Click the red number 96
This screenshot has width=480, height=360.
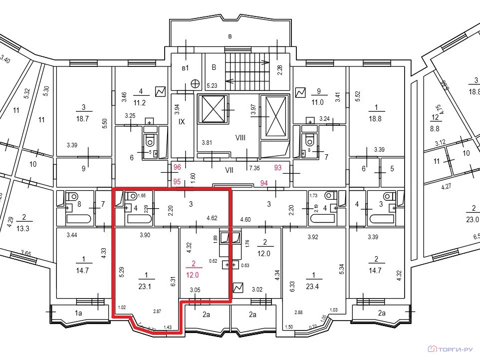click(177, 168)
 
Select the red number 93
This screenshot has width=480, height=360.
click(278, 168)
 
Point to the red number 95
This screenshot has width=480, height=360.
click(177, 182)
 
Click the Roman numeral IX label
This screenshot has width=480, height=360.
click(182, 121)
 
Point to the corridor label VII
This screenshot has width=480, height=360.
click(229, 170)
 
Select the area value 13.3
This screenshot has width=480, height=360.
click(23, 229)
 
